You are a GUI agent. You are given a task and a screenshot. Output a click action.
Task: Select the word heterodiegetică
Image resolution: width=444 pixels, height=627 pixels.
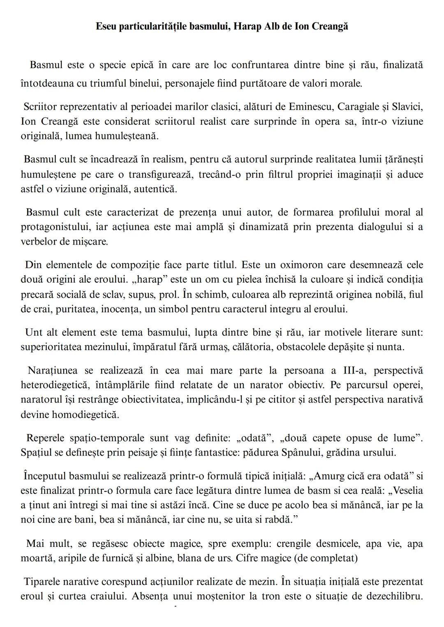[55, 385]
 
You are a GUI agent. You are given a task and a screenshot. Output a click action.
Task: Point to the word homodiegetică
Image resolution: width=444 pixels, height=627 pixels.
[85, 415]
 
